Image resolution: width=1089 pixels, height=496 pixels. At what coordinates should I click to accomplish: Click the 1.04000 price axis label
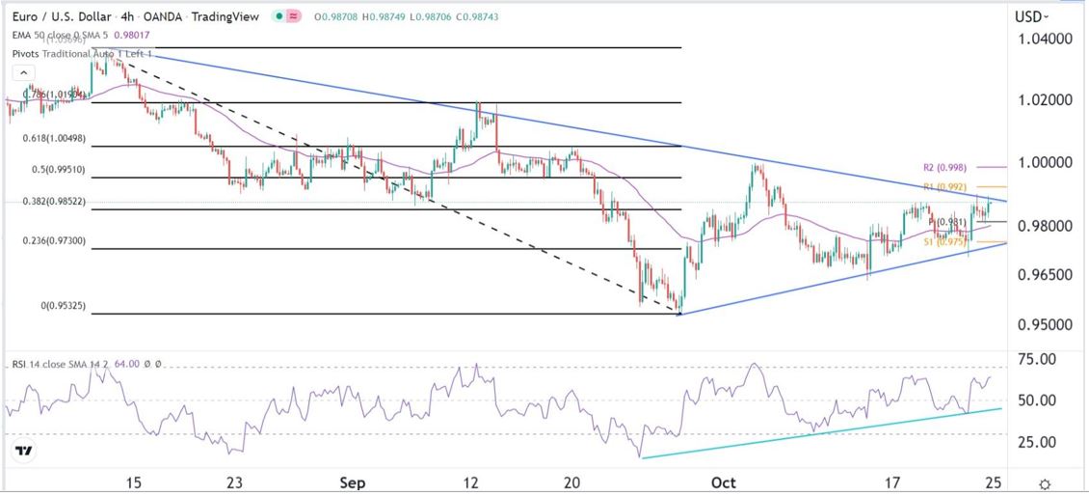point(1045,40)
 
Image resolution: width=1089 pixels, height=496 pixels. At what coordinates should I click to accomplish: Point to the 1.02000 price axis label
point(1045,100)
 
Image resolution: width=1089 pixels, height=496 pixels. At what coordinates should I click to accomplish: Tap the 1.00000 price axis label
point(1045,162)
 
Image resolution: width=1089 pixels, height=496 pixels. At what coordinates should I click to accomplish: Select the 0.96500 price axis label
point(1045,275)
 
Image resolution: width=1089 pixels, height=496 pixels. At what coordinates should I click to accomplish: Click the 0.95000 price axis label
point(1045,324)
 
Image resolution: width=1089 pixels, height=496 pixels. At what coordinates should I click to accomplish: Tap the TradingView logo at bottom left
point(26,451)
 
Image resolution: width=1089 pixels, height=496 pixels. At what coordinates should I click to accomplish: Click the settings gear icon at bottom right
point(1045,482)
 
